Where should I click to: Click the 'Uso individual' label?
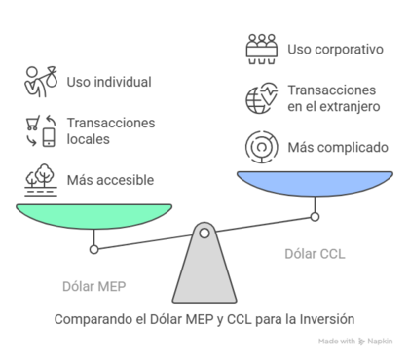109,82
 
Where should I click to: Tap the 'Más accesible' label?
110,180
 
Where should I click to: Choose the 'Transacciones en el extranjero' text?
332,98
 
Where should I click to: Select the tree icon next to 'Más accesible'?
40,179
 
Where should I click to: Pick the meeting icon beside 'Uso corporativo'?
261,48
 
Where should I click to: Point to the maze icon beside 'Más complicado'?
261,148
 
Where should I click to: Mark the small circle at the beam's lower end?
94,250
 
